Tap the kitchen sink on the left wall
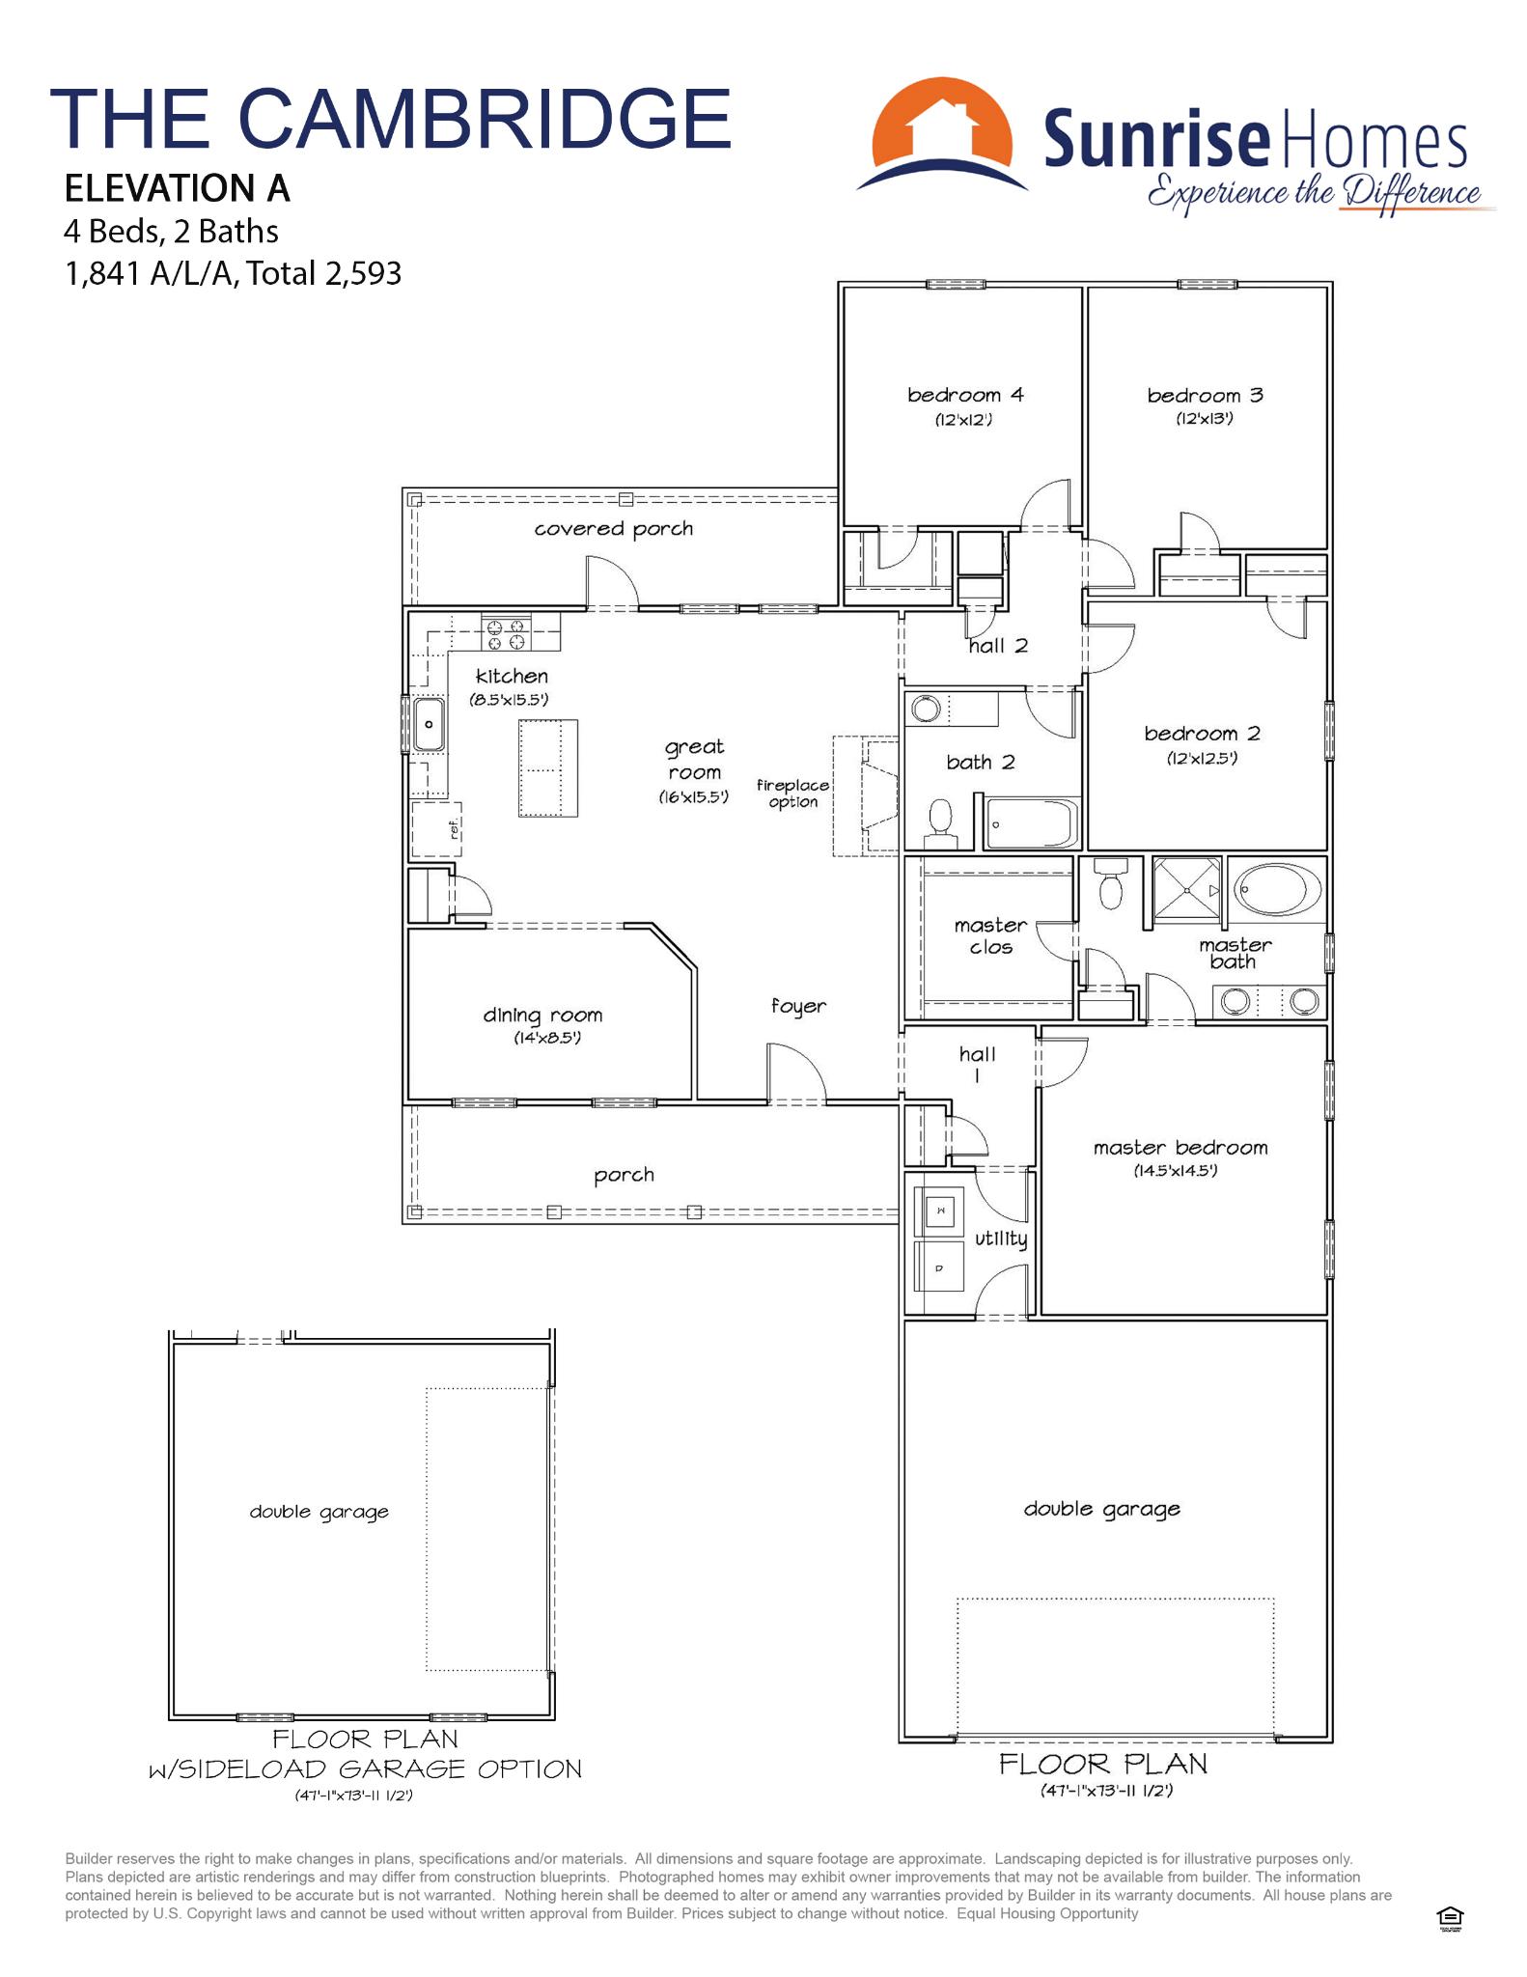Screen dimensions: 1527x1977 point(429,723)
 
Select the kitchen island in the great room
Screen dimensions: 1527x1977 point(548,768)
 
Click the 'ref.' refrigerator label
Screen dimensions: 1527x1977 point(454,828)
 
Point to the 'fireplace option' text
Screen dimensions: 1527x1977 point(792,794)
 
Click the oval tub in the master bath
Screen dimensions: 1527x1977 point(1279,890)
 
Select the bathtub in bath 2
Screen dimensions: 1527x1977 point(1031,823)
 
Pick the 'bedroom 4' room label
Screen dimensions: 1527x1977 point(965,395)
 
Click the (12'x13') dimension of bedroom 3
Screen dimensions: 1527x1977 point(1205,419)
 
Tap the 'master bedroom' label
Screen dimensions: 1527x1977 point(1180,1148)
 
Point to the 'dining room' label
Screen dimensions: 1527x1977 point(542,1016)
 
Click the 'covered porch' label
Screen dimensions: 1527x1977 point(614,529)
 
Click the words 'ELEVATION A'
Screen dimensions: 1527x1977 point(178,188)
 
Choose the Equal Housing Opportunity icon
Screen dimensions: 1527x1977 point(1451,1917)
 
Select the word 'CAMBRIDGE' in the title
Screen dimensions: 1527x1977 point(485,118)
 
